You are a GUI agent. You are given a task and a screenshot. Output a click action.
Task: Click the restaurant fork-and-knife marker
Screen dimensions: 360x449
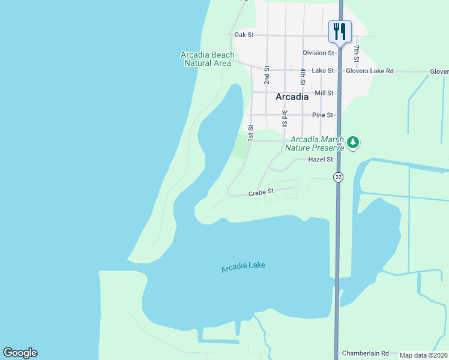(340, 32)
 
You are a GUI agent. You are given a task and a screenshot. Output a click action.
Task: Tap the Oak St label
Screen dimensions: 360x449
(244, 35)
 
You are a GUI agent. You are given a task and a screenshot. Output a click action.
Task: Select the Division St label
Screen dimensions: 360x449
(318, 53)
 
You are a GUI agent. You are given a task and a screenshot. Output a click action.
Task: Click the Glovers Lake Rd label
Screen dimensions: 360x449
(370, 71)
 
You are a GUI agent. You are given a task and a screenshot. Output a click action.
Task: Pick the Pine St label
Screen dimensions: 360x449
(322, 115)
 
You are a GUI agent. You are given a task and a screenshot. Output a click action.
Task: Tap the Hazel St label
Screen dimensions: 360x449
(320, 160)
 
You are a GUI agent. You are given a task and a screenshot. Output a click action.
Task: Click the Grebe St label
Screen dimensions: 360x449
(261, 193)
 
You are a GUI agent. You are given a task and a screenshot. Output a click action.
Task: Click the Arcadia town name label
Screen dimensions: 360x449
(292, 96)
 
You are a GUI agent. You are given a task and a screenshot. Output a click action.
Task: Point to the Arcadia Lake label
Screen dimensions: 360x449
(243, 267)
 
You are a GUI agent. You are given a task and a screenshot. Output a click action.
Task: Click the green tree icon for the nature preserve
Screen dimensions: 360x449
(354, 142)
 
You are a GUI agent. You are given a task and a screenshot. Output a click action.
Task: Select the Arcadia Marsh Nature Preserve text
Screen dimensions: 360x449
(315, 143)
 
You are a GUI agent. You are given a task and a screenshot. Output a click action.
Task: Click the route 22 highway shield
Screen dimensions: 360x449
(339, 176)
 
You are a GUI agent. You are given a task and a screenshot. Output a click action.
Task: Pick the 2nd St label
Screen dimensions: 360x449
(267, 75)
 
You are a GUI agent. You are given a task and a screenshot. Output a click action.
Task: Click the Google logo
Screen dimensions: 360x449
(20, 353)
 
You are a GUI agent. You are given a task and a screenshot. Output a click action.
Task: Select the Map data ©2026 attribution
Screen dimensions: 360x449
(423, 355)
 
